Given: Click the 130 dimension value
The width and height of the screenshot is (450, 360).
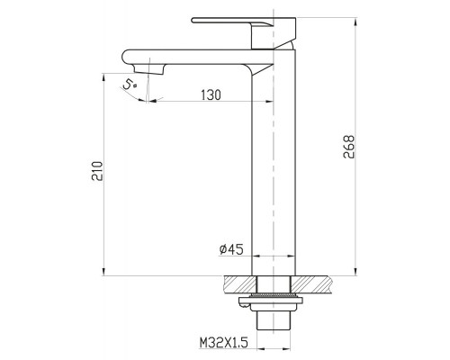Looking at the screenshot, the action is click(211, 94).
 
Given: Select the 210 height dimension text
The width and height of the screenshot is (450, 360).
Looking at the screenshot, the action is click(97, 171).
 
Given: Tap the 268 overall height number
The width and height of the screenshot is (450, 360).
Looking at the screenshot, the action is click(349, 147).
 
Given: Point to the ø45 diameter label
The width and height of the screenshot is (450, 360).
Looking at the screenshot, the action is click(231, 249).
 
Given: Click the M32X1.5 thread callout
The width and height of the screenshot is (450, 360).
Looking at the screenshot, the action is click(224, 342).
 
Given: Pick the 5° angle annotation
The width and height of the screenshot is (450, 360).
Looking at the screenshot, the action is click(130, 85).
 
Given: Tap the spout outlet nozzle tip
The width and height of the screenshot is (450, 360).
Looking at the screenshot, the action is click(149, 70).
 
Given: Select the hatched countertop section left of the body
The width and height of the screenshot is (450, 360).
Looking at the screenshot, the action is click(239, 284).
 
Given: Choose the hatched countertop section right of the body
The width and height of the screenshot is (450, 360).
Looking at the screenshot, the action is click(310, 284).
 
